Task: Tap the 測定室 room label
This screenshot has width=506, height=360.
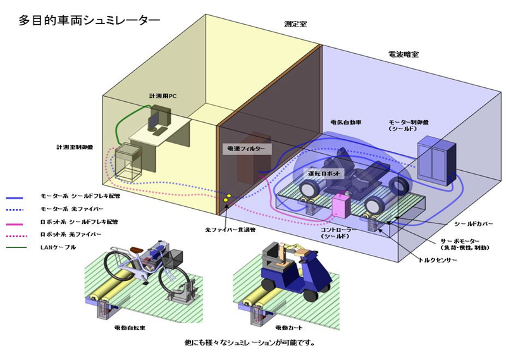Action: click(x=296, y=25)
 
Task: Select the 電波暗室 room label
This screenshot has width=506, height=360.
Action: click(x=402, y=55)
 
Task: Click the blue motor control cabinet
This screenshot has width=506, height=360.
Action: click(x=435, y=159)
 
